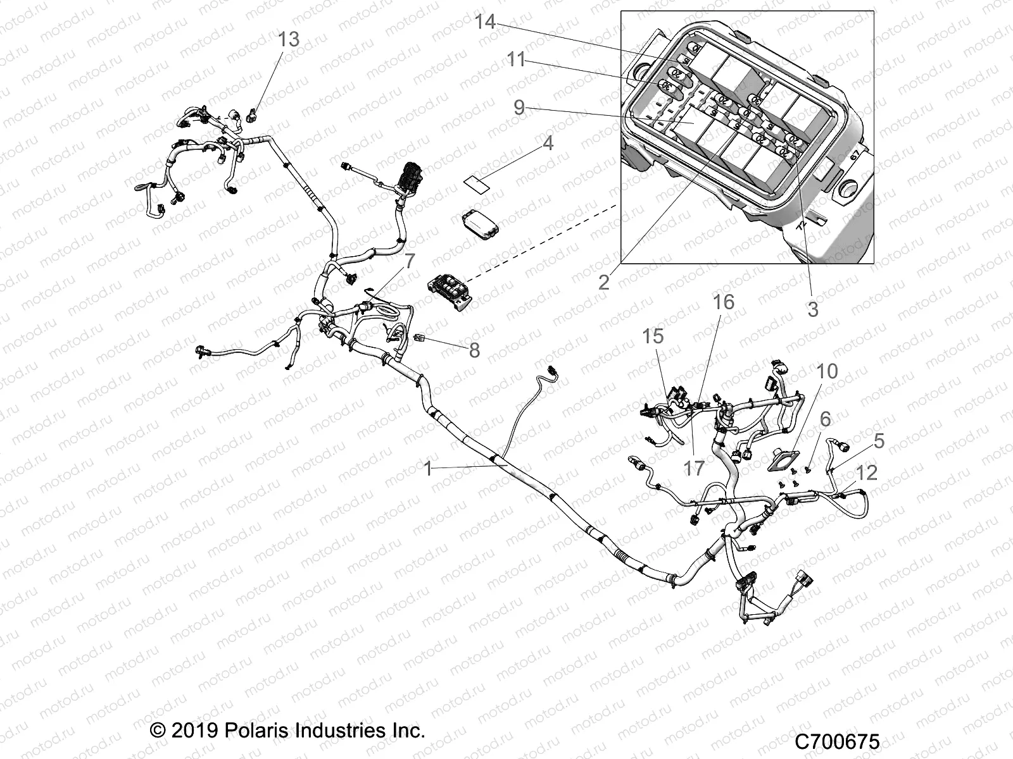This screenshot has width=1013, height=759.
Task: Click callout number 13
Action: coord(288,39)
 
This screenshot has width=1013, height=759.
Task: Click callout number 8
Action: coord(474,350)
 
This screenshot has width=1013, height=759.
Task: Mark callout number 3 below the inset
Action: coord(812,309)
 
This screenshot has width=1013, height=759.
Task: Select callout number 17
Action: coord(694,468)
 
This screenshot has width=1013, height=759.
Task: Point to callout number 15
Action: coord(653,336)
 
